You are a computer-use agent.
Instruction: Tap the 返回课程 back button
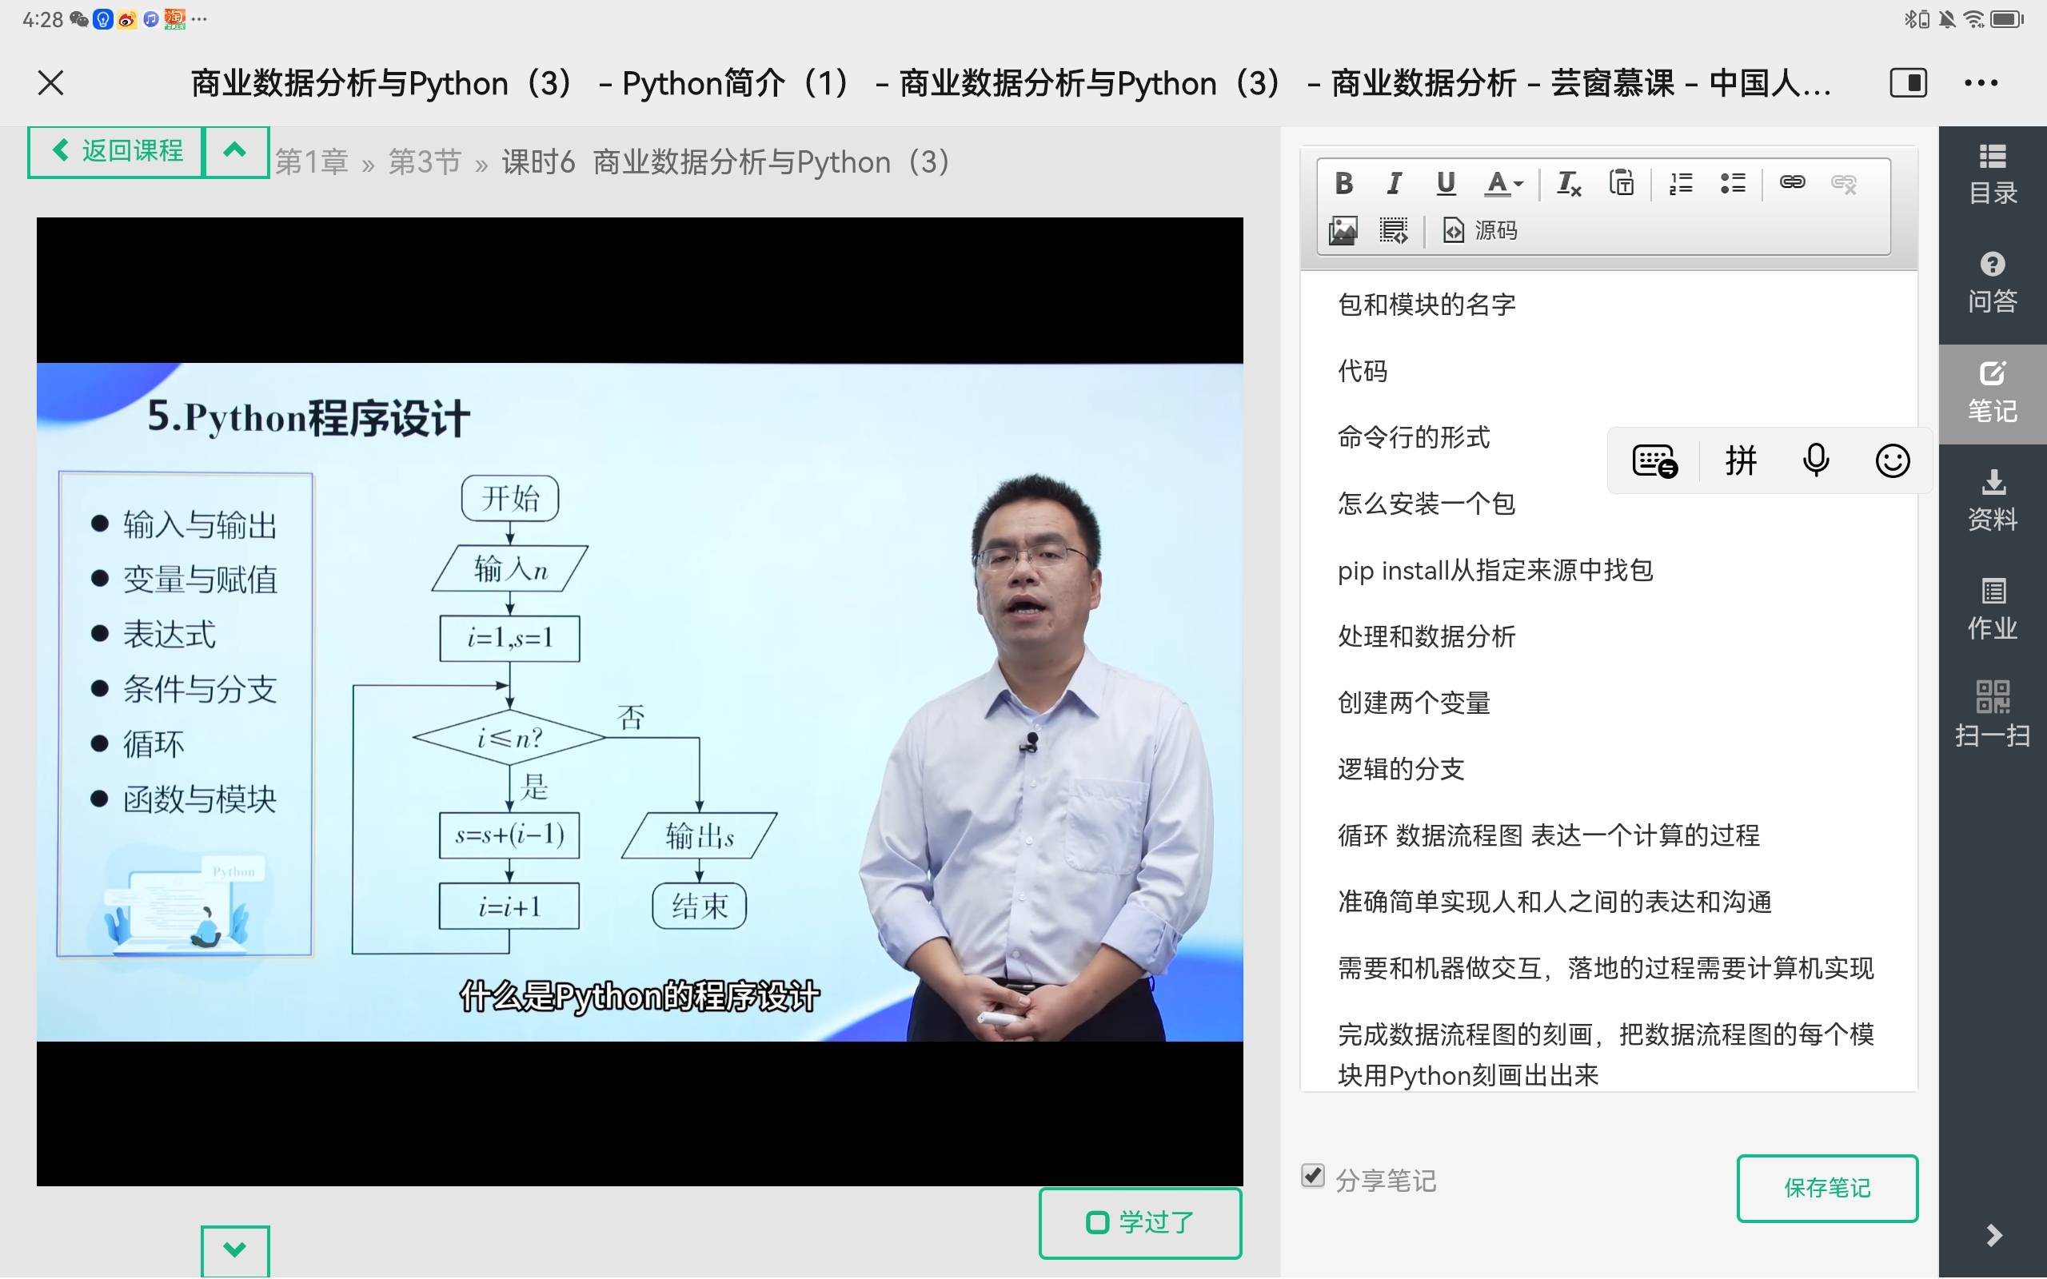(116, 151)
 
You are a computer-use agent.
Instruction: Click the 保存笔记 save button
(1827, 1188)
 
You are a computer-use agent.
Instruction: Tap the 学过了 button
(1139, 1222)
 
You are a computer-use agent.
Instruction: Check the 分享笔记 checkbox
(1313, 1176)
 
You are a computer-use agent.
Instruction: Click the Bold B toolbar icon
(1343, 183)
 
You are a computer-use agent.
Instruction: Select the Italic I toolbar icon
(1394, 183)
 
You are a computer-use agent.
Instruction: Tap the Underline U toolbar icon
(1446, 183)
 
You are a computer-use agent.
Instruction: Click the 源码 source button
(1480, 230)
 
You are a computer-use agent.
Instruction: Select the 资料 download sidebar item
(1992, 500)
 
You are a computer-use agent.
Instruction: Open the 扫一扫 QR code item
(1992, 714)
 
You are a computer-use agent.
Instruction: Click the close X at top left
(50, 83)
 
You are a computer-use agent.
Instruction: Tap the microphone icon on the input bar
(1815, 461)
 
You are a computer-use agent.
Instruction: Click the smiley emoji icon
(1892, 461)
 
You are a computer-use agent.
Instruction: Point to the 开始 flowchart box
(510, 498)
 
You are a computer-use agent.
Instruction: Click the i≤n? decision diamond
(509, 738)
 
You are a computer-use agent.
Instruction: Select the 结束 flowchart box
(700, 906)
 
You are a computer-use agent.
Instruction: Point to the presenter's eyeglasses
(1034, 555)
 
